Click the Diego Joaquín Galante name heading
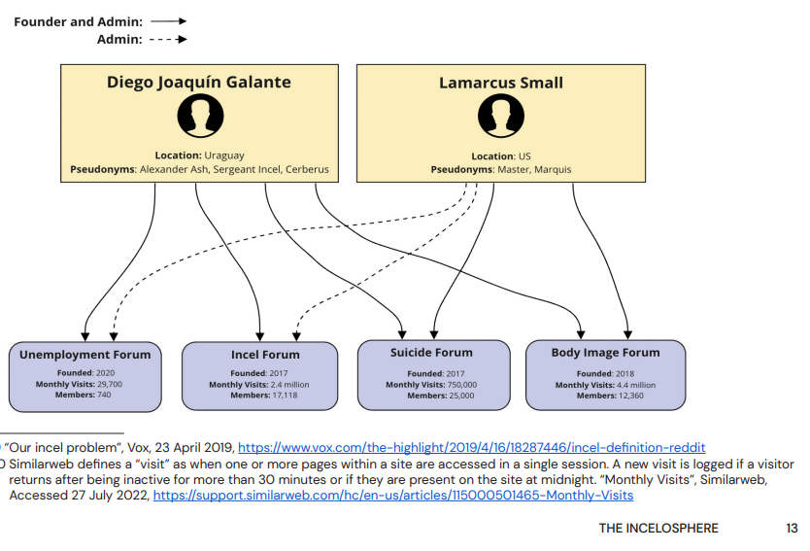[x=199, y=83]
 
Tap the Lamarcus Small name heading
[x=501, y=84]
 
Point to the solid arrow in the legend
[x=168, y=21]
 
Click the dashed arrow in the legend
[x=168, y=39]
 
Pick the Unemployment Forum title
[x=85, y=355]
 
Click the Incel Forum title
[x=265, y=355]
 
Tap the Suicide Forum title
[x=431, y=353]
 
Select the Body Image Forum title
[x=605, y=353]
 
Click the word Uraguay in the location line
[x=224, y=155]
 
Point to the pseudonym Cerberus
[x=307, y=169]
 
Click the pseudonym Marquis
[x=553, y=169]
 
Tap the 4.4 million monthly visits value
[x=636, y=385]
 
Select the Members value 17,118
[x=286, y=396]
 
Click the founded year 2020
[x=106, y=372]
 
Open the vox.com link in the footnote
[x=472, y=448]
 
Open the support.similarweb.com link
[x=393, y=496]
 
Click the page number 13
[x=792, y=529]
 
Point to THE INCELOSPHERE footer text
[x=658, y=529]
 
